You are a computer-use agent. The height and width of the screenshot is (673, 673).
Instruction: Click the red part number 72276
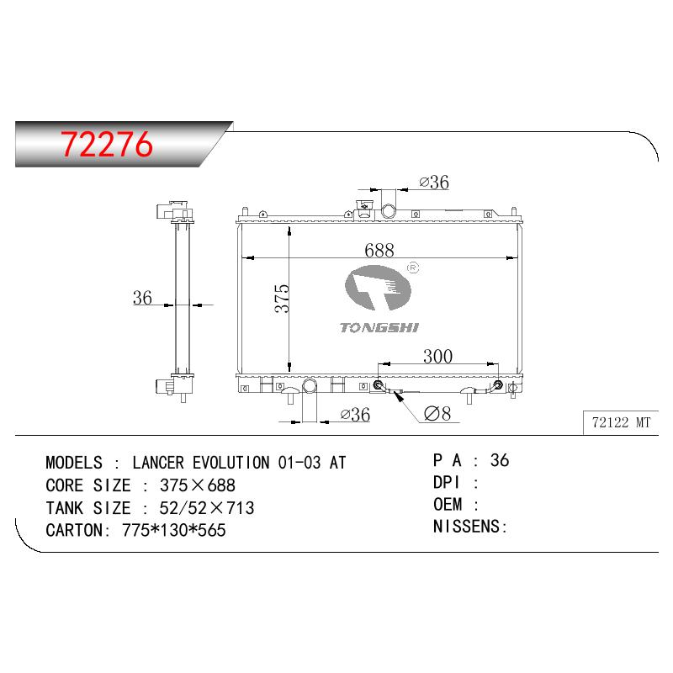tap(107, 144)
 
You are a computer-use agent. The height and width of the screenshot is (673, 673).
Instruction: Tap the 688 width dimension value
tap(379, 250)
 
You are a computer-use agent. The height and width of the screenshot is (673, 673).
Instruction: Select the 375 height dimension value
tap(282, 298)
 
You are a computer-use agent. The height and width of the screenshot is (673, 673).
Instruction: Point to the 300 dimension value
tap(437, 356)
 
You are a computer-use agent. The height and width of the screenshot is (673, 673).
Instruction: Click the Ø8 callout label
tap(437, 413)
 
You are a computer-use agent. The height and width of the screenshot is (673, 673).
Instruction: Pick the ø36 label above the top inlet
tap(434, 183)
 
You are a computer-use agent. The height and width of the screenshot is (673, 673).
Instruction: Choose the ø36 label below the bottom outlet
tap(355, 415)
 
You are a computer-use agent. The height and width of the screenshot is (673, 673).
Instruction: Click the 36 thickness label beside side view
tap(142, 298)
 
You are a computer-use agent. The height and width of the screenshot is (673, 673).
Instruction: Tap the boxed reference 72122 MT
tap(621, 422)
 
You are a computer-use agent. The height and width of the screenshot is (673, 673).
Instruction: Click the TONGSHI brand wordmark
tap(379, 328)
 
